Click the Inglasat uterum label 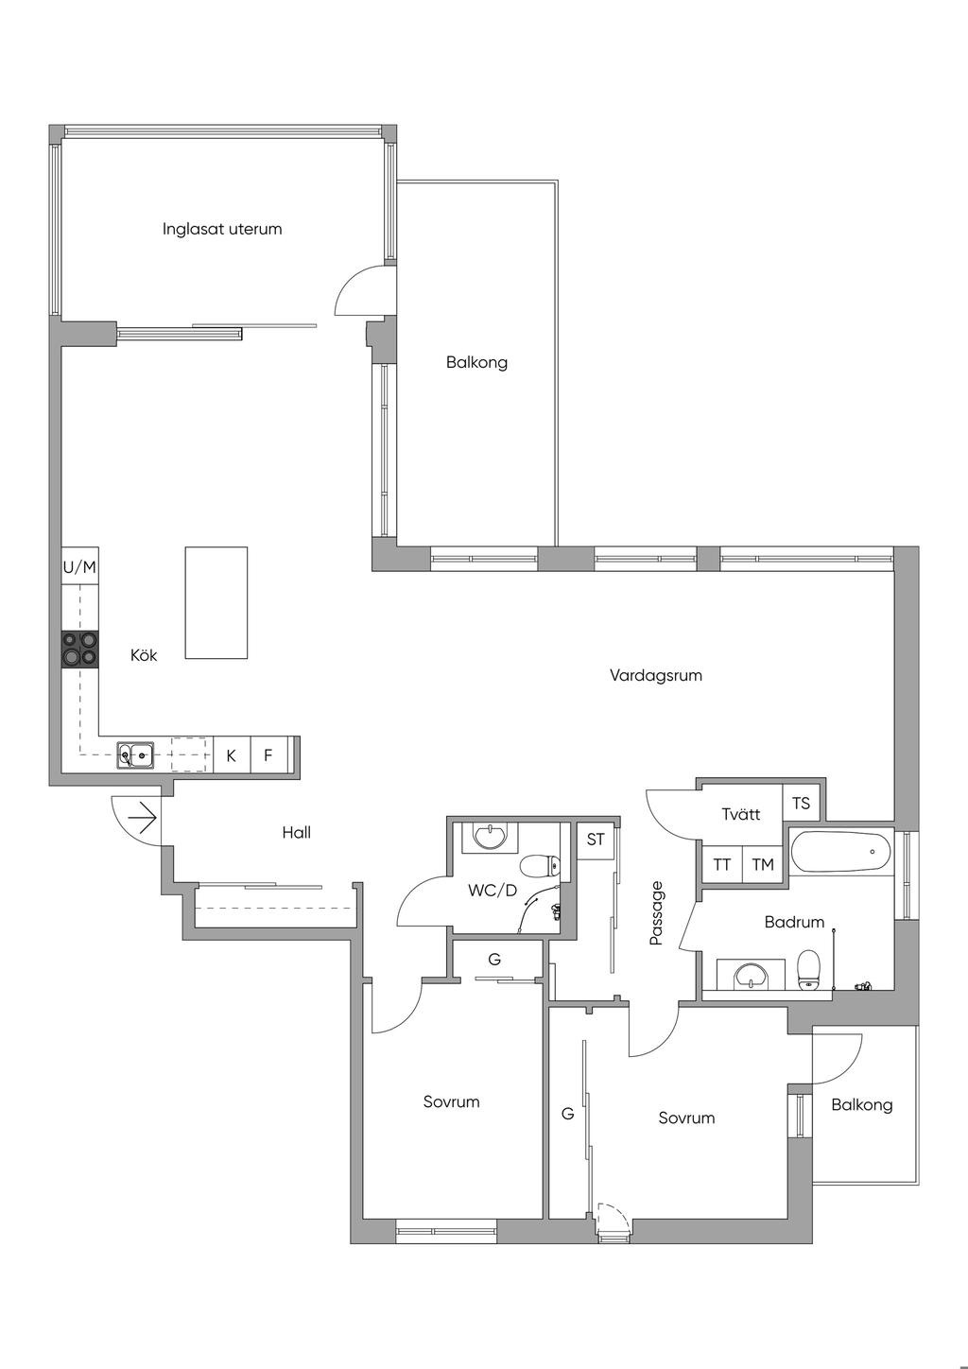222,229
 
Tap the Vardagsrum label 656,675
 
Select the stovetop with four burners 80,649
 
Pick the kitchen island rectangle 216,602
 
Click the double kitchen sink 136,754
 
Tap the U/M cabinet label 80,567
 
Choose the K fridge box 232,755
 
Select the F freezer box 268,755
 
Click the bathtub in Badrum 841,851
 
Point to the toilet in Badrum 808,969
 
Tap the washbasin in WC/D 490,837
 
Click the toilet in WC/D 540,865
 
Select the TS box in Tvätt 802,803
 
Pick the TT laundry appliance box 721,864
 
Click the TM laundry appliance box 763,864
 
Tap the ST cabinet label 596,840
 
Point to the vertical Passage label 656,913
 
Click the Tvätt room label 741,814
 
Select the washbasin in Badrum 752,974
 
